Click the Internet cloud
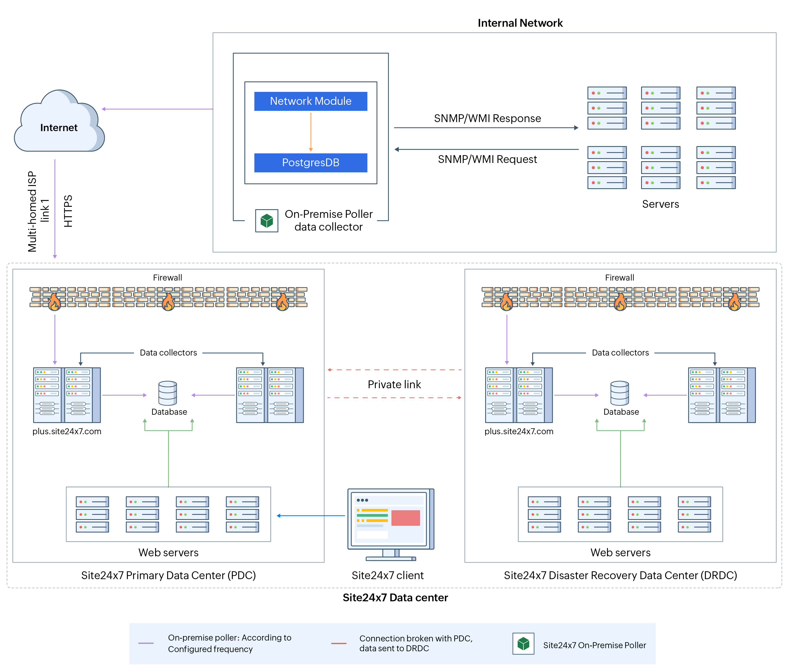(59, 122)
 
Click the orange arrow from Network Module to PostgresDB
(311, 132)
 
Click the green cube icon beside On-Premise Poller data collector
(267, 221)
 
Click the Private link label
(394, 384)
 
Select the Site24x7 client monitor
(390, 522)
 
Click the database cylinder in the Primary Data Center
(168, 393)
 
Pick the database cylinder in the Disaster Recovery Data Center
(620, 393)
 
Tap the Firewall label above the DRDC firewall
(620, 278)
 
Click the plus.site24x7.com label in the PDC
(67, 431)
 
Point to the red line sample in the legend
(339, 643)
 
